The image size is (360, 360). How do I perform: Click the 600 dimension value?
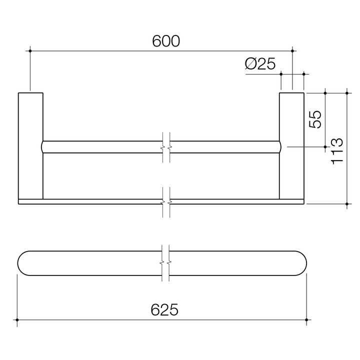[x=165, y=41]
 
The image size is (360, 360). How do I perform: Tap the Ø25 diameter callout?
[x=260, y=63]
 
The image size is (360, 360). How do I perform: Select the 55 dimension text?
[x=314, y=119]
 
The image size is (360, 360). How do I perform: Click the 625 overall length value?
[x=165, y=310]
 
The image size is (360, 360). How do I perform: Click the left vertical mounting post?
[x=30, y=145]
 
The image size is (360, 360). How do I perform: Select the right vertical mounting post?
[x=291, y=145]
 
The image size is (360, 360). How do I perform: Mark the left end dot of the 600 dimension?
[x=30, y=50]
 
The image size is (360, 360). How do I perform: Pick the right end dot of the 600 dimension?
[x=292, y=50]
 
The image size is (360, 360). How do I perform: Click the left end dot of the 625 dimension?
[x=17, y=319]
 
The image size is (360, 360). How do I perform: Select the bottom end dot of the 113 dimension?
[x=346, y=204]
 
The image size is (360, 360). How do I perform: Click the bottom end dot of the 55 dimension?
[x=325, y=147]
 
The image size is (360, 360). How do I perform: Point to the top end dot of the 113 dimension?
[x=346, y=92]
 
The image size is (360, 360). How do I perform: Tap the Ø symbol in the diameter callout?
[x=251, y=63]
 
